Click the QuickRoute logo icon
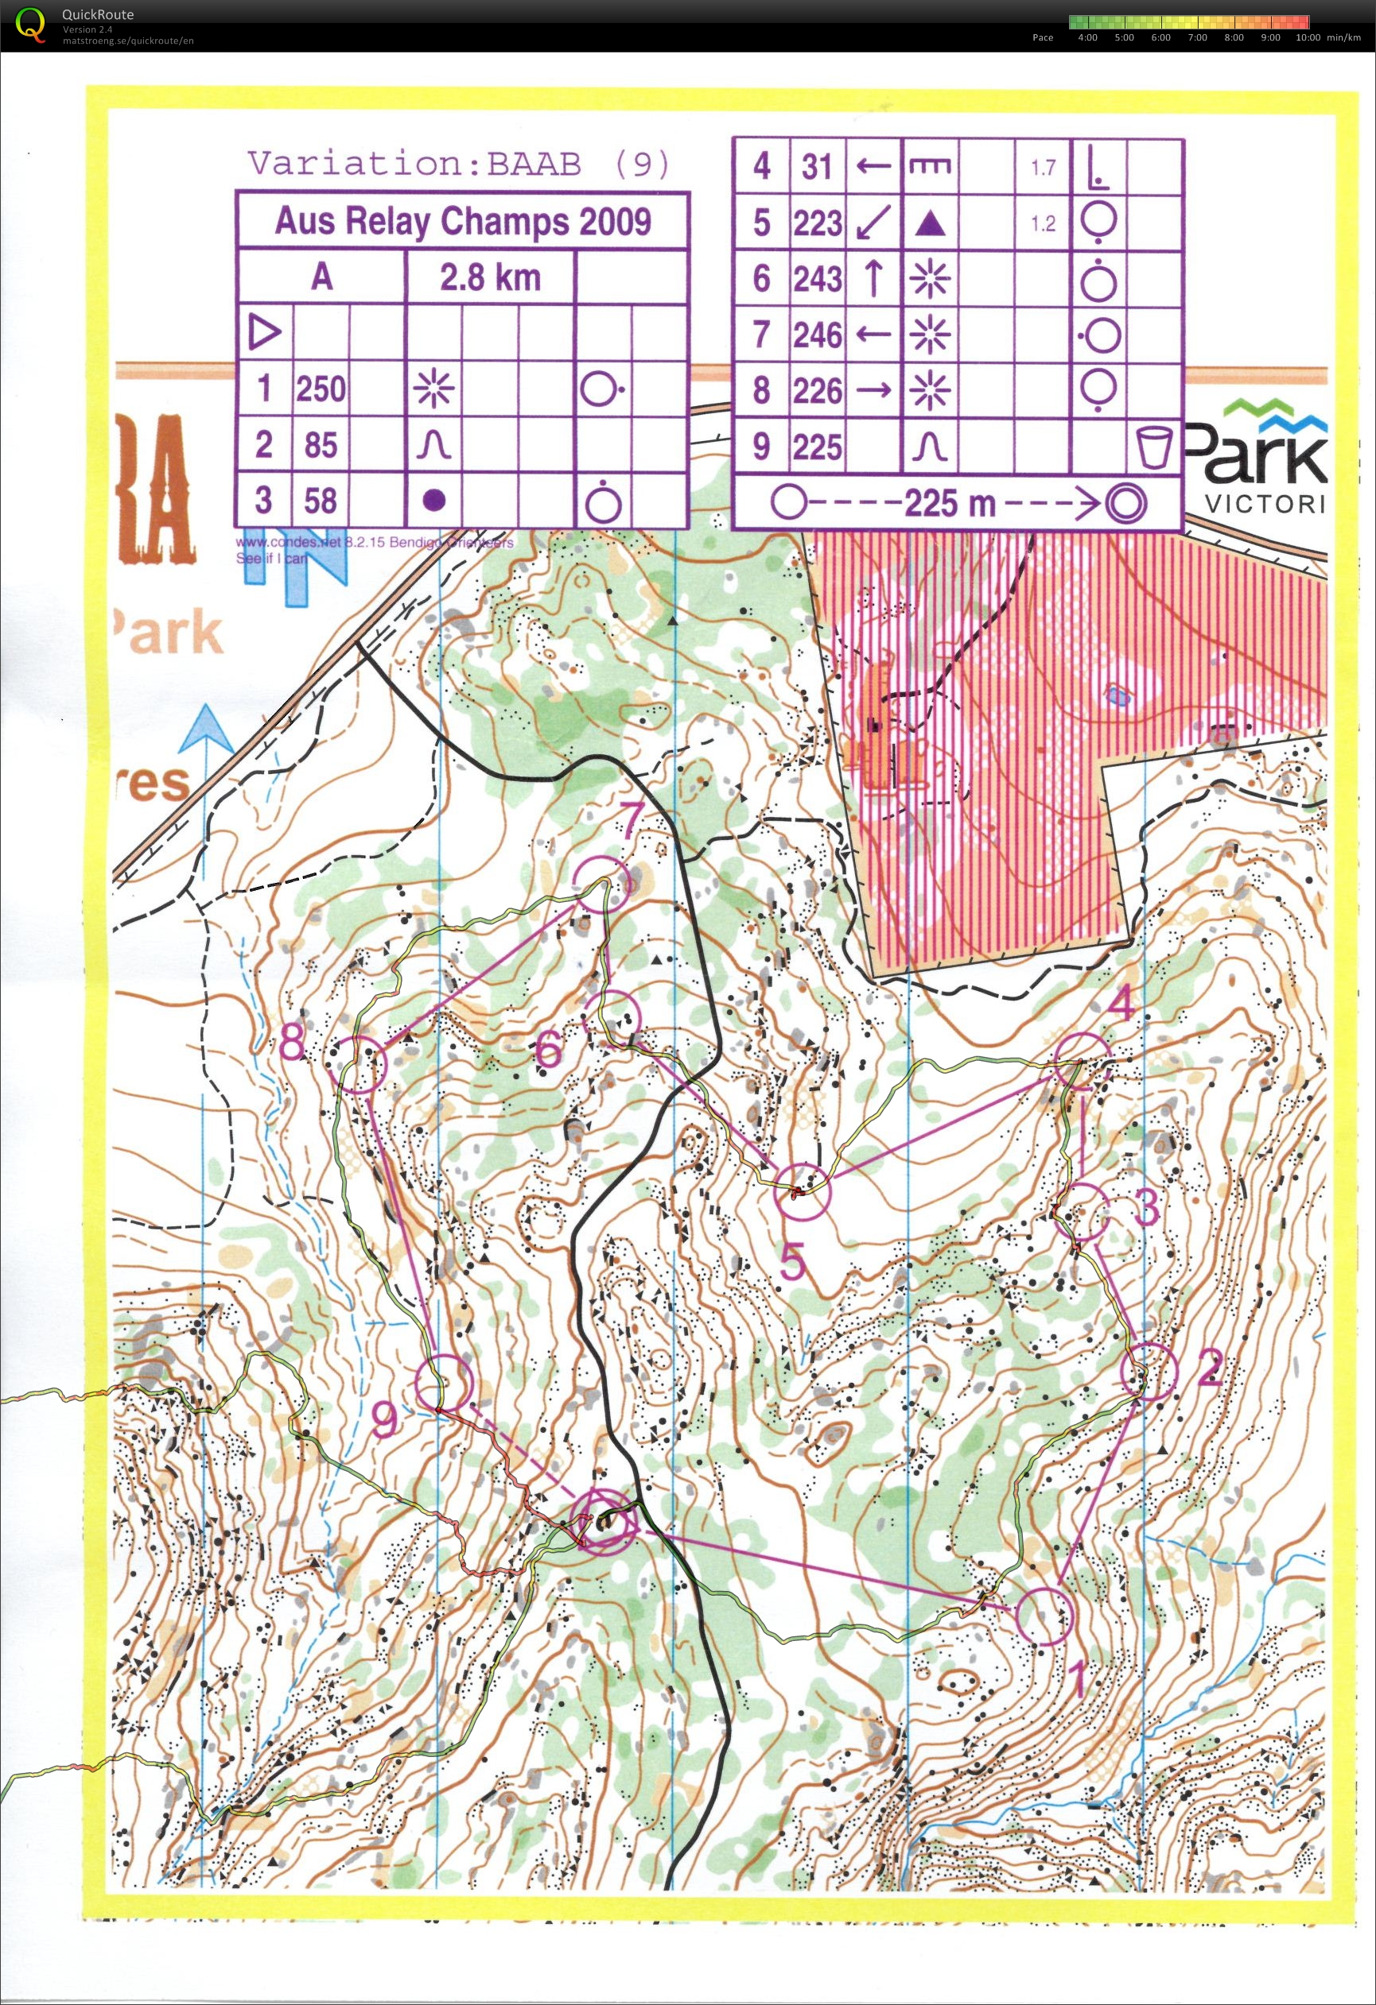(31, 23)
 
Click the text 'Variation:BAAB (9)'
(458, 163)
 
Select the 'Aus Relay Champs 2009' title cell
(463, 222)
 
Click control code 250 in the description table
(321, 389)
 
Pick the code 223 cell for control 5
(818, 223)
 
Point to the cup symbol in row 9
(1154, 447)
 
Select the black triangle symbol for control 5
(930, 224)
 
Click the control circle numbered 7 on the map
(601, 884)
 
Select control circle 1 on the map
(1044, 1616)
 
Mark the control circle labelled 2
(1150, 1372)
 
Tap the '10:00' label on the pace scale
(1308, 37)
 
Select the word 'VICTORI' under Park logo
(1265, 503)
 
